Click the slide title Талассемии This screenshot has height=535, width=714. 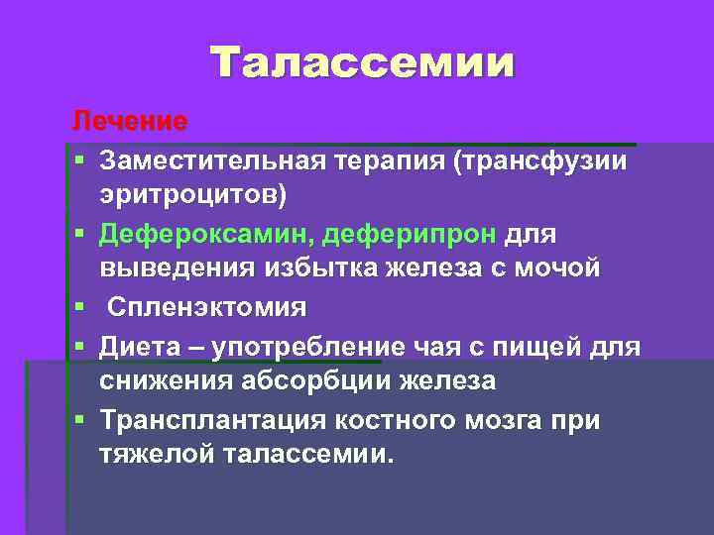coord(363,62)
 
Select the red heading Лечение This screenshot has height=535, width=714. coord(128,122)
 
